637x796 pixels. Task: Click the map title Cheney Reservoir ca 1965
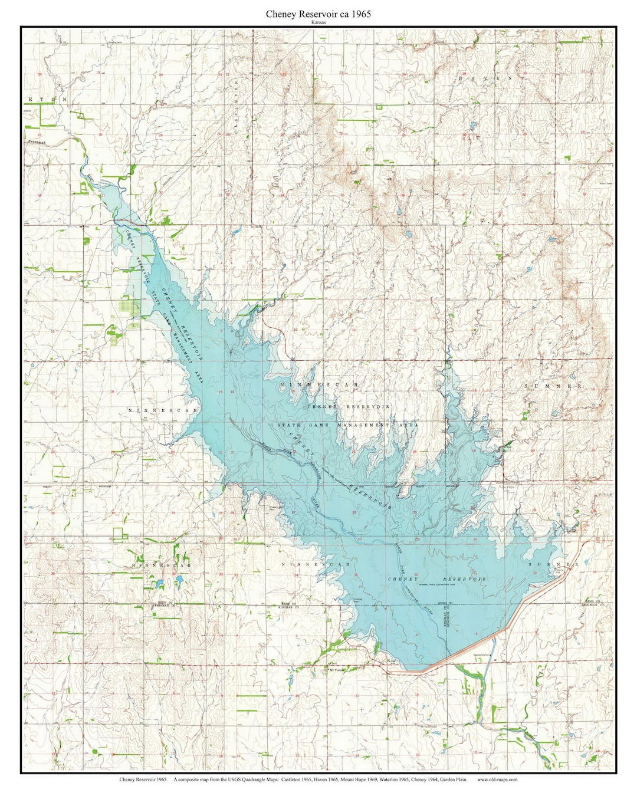pos(318,14)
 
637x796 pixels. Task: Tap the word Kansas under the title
pos(318,22)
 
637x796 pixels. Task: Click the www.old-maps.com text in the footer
pos(497,779)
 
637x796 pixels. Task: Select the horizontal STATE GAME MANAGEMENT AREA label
pos(347,425)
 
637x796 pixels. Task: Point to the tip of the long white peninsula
pos(402,492)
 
